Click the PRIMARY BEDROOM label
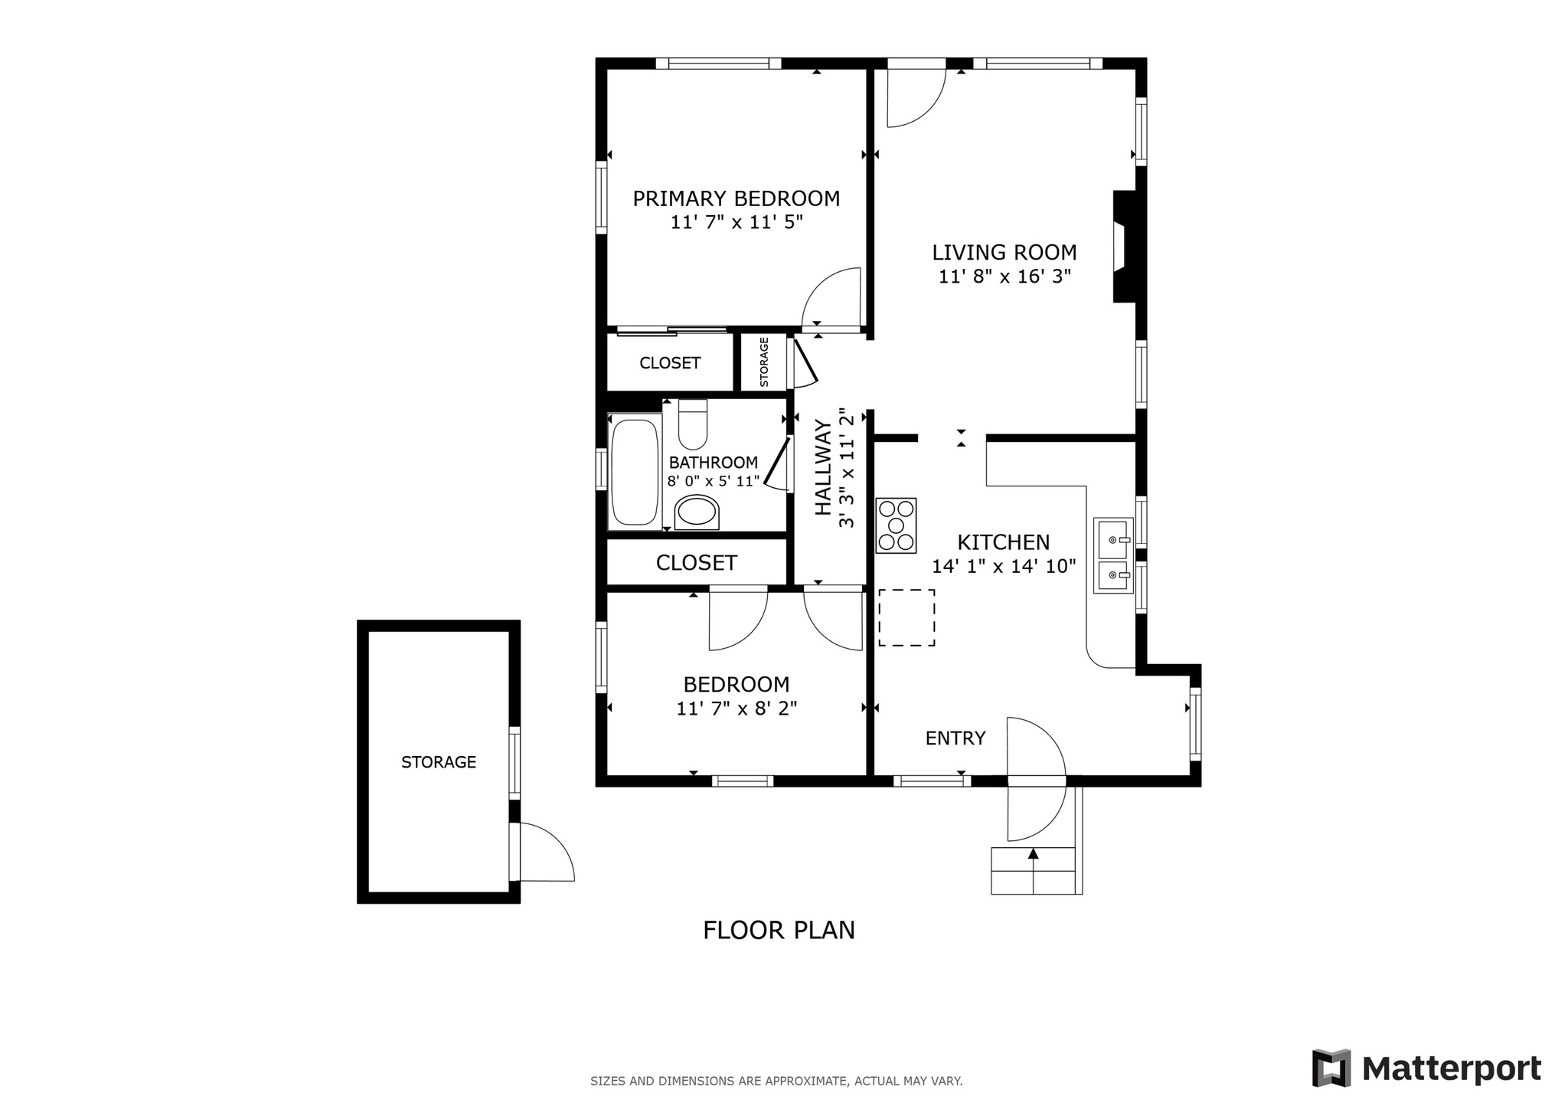[x=736, y=199]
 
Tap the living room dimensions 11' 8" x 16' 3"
[x=1004, y=277]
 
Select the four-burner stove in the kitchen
[x=897, y=525]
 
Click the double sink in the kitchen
[x=1113, y=555]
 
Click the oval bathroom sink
[x=697, y=512]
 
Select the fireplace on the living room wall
[x=1124, y=246]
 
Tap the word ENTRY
[x=955, y=738]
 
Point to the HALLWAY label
[x=823, y=467]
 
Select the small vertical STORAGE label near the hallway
[x=764, y=362]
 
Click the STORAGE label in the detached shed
[x=439, y=762]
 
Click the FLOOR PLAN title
[x=779, y=930]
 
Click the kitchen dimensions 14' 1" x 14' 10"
[x=1004, y=567]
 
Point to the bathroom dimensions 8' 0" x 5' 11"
[x=714, y=482]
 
